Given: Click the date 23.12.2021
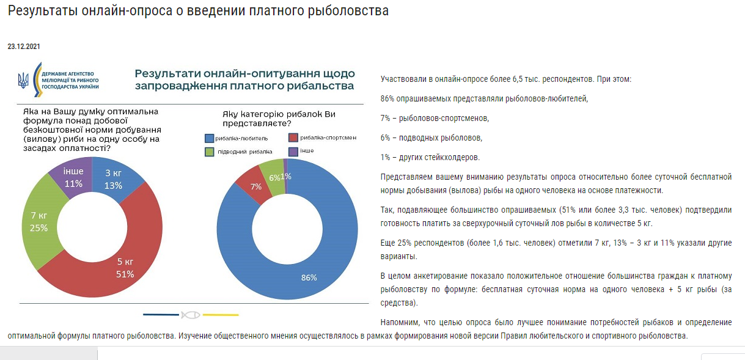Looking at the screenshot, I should (24, 46).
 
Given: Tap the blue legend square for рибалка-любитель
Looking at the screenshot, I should (209, 138).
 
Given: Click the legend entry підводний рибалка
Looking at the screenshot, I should (238, 151).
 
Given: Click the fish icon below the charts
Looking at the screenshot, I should (190, 315).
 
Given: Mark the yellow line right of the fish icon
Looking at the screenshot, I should (220, 315).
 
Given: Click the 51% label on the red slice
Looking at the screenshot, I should (125, 274).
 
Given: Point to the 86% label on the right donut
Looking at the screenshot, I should (309, 277).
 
